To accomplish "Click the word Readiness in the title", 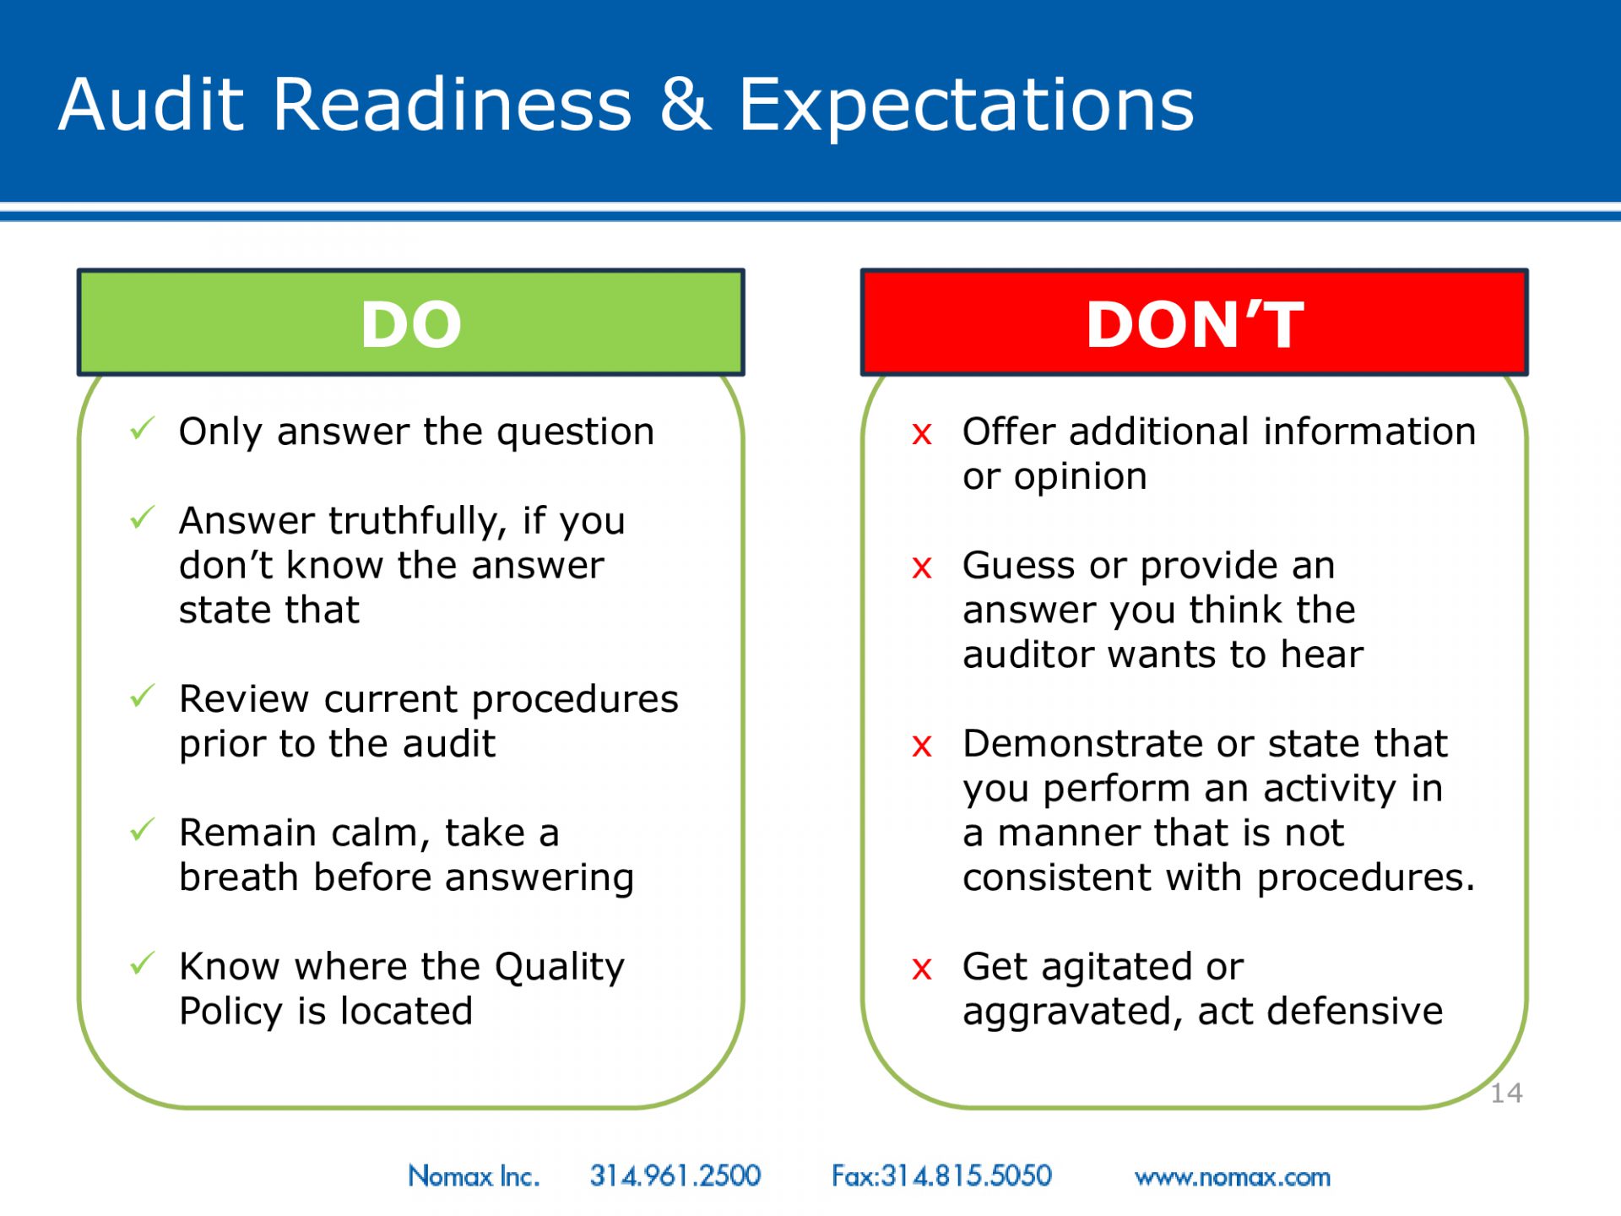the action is pos(452,105).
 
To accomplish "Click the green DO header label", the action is pos(411,324).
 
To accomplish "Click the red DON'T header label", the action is pos(1195,324).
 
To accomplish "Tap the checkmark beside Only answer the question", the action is pos(143,428).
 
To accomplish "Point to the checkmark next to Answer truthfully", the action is pos(143,517).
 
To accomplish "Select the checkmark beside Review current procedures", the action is pos(143,696).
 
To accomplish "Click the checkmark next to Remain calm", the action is pos(143,829).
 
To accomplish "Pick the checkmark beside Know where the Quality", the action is pos(143,963).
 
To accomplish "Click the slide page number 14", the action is pos(1506,1094).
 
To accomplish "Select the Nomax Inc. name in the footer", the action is pos(474,1175).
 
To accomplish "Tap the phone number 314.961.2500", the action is pos(675,1175).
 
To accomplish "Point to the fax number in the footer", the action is pos(941,1175).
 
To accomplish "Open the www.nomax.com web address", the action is pos(1233,1177).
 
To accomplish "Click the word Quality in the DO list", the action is pos(559,968).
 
